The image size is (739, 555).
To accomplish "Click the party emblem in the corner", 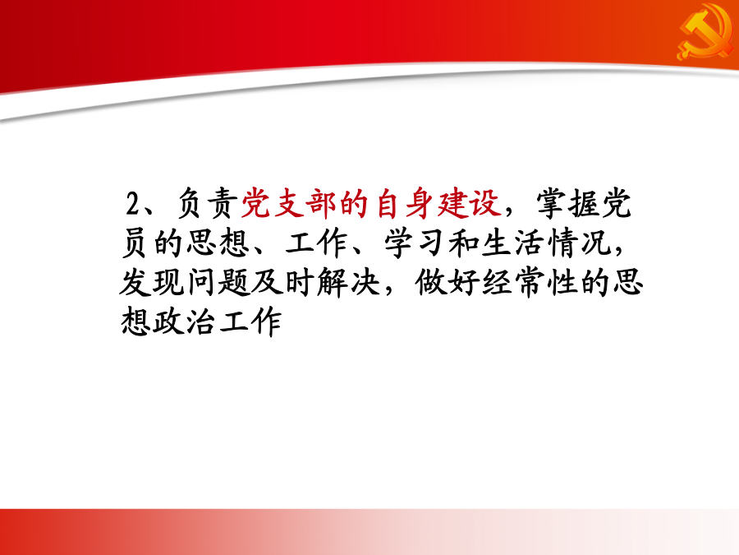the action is tap(705, 32).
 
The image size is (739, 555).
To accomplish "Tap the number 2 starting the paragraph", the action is tap(133, 205).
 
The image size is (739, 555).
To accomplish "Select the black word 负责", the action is tap(206, 204).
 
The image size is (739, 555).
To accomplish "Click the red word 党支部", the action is tap(288, 204).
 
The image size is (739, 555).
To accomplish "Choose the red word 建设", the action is tap(469, 204).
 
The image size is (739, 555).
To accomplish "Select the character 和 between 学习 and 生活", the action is tap(463, 243).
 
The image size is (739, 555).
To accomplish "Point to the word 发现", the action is tap(152, 283).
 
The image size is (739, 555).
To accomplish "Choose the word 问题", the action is tap(218, 283).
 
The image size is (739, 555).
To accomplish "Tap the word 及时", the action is tap(282, 283).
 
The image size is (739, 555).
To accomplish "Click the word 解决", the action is tap(348, 283).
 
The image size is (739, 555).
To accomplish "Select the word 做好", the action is tap(448, 283).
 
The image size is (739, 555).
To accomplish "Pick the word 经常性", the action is tap(530, 283).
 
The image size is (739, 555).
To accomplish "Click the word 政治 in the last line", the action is tap(184, 322).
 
